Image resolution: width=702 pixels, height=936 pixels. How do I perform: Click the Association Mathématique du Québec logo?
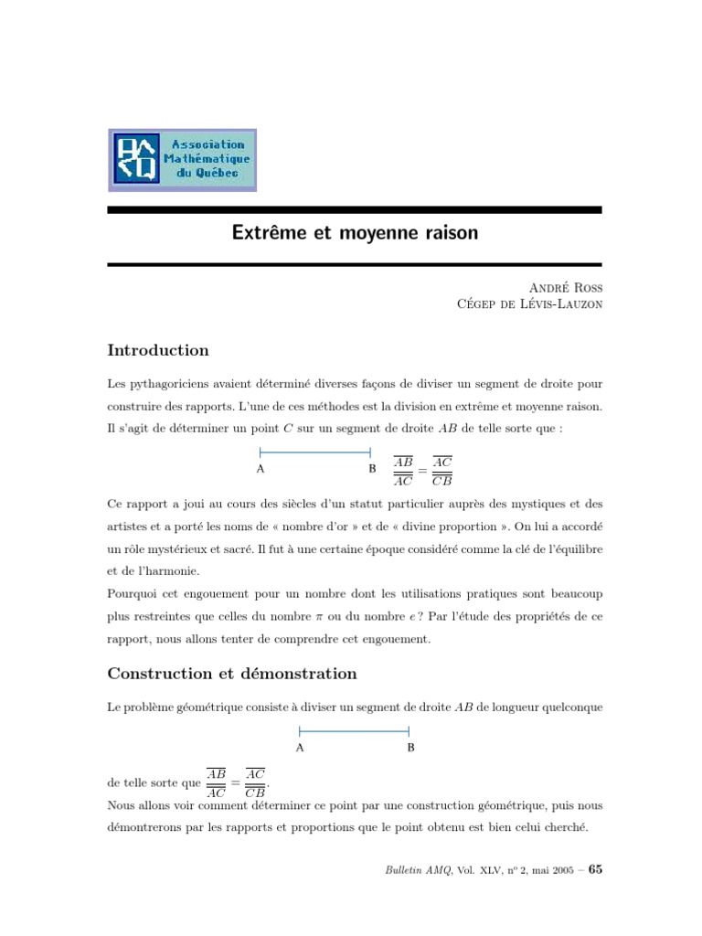coord(182,160)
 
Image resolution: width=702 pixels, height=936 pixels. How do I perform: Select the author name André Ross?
coord(563,288)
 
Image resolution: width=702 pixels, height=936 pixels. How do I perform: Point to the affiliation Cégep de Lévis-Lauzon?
coord(529,304)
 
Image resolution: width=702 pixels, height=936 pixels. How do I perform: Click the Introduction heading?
coord(158,350)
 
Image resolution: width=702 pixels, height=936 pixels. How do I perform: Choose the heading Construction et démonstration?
coord(232,674)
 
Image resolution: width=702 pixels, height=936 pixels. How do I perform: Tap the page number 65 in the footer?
coord(595,869)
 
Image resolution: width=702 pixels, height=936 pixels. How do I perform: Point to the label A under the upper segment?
coord(261,469)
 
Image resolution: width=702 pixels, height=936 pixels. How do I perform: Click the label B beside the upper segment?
coord(372,469)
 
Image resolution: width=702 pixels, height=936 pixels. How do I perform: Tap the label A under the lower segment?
coord(300,747)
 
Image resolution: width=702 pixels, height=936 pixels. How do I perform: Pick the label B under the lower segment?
coord(410,747)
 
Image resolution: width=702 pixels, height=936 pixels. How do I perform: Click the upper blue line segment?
coord(315,452)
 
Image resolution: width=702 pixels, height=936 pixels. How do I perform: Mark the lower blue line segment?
coord(354,730)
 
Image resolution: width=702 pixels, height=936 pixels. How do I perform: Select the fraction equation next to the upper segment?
coord(423,470)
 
